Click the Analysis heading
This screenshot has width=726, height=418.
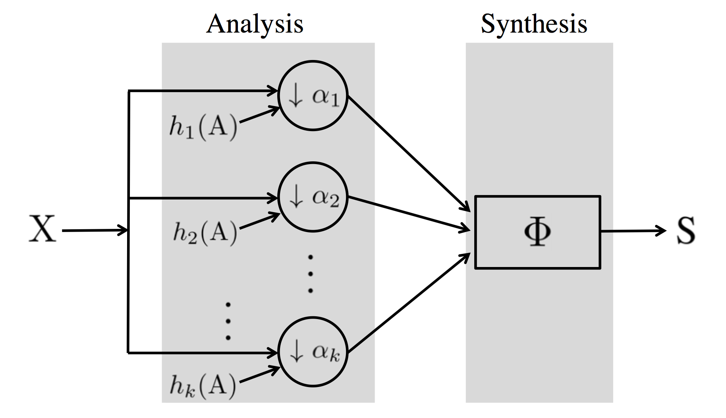[x=255, y=24]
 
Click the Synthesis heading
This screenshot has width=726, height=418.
[x=534, y=24]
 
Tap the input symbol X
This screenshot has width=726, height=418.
[x=42, y=230]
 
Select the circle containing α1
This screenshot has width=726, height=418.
[x=313, y=95]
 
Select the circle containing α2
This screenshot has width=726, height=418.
[x=313, y=197]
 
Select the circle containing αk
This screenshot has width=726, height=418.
[x=313, y=352]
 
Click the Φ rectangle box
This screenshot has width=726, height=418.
[x=537, y=232]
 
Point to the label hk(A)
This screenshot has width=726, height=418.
[x=203, y=385]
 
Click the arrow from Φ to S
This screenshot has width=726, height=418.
[x=634, y=230]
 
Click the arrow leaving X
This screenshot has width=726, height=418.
[x=95, y=230]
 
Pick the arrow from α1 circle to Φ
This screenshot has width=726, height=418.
[x=409, y=153]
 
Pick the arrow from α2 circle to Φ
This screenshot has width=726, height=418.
[x=409, y=214]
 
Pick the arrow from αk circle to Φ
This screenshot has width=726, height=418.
[x=409, y=302]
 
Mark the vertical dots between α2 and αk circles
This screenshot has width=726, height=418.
[x=311, y=274]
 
